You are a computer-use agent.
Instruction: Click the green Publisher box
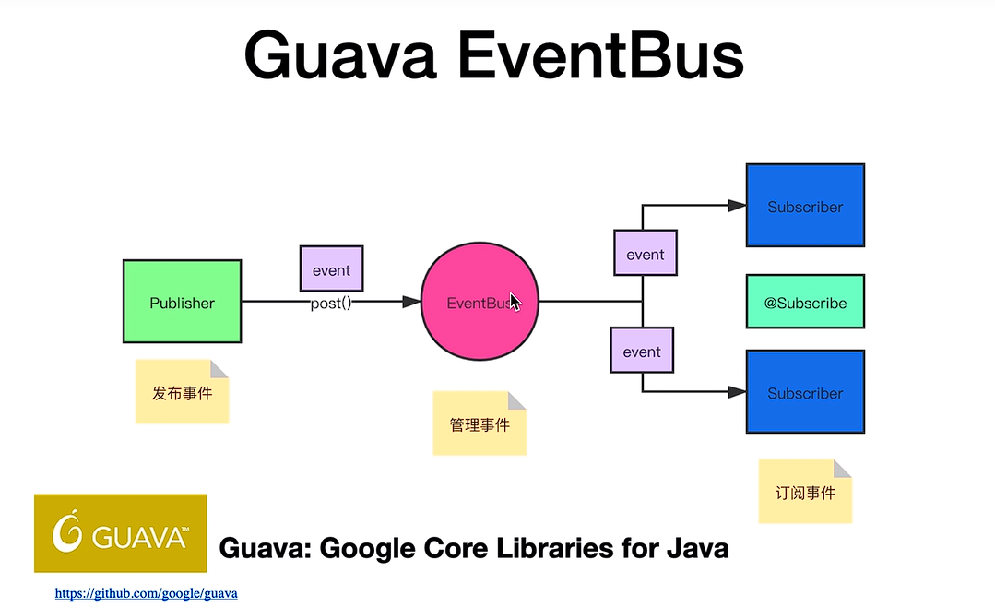coord(182,302)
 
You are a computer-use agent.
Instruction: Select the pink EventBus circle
coord(480,302)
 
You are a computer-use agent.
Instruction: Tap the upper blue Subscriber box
coord(805,205)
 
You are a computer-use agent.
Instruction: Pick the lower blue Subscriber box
coord(805,391)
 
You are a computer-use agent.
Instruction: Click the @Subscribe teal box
coord(805,302)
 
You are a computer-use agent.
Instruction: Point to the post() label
coord(331,304)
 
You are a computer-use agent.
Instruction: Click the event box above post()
coord(331,268)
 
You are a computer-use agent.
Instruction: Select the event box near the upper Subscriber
coord(646,253)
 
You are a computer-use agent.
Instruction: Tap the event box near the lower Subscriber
coord(642,350)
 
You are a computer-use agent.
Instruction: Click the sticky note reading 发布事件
coord(182,391)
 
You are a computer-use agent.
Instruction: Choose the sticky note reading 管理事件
coord(480,423)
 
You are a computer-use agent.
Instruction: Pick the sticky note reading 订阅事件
coord(805,491)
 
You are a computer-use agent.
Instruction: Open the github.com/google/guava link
coord(146,593)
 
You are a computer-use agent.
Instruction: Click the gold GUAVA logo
coord(121,533)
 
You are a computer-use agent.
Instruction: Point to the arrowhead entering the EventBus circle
coord(412,302)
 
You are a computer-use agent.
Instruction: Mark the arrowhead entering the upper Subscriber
coord(738,205)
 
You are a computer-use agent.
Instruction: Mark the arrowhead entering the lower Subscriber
coord(738,391)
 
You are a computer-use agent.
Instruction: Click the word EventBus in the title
coord(600,55)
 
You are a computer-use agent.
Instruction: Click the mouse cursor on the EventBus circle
coord(515,302)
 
